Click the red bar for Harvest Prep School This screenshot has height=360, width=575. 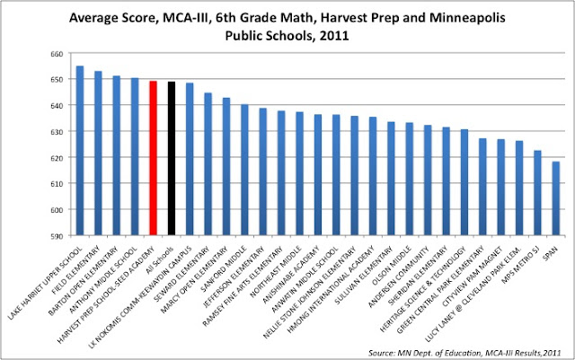tap(153, 158)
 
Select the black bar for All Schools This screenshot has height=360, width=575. tap(171, 158)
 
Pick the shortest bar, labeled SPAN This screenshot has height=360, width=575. tap(556, 198)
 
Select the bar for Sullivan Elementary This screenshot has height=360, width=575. tap(391, 179)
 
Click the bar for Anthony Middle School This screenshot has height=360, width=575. tap(135, 156)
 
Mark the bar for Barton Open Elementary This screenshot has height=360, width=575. tap(116, 155)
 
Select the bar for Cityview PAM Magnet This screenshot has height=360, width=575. tap(500, 188)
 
